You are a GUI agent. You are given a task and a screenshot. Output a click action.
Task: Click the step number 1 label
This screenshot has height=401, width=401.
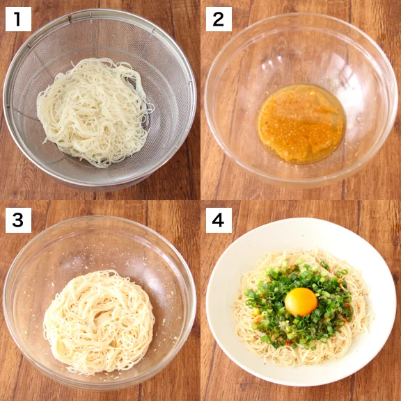tap(19, 19)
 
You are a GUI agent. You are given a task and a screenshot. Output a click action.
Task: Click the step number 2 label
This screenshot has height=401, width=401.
tap(219, 19)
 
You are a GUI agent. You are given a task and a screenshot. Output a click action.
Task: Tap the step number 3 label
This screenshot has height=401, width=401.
tap(19, 220)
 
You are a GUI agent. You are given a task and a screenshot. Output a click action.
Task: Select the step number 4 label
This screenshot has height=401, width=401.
tap(219, 220)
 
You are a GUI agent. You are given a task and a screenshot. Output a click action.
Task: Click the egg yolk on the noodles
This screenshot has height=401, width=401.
tap(301, 302)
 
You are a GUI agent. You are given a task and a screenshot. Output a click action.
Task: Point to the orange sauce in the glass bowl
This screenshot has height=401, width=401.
tap(301, 123)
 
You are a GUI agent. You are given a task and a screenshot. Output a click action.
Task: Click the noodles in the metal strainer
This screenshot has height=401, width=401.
tap(91, 111)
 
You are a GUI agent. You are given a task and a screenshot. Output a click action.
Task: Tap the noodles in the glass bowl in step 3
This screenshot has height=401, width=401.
tap(97, 320)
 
